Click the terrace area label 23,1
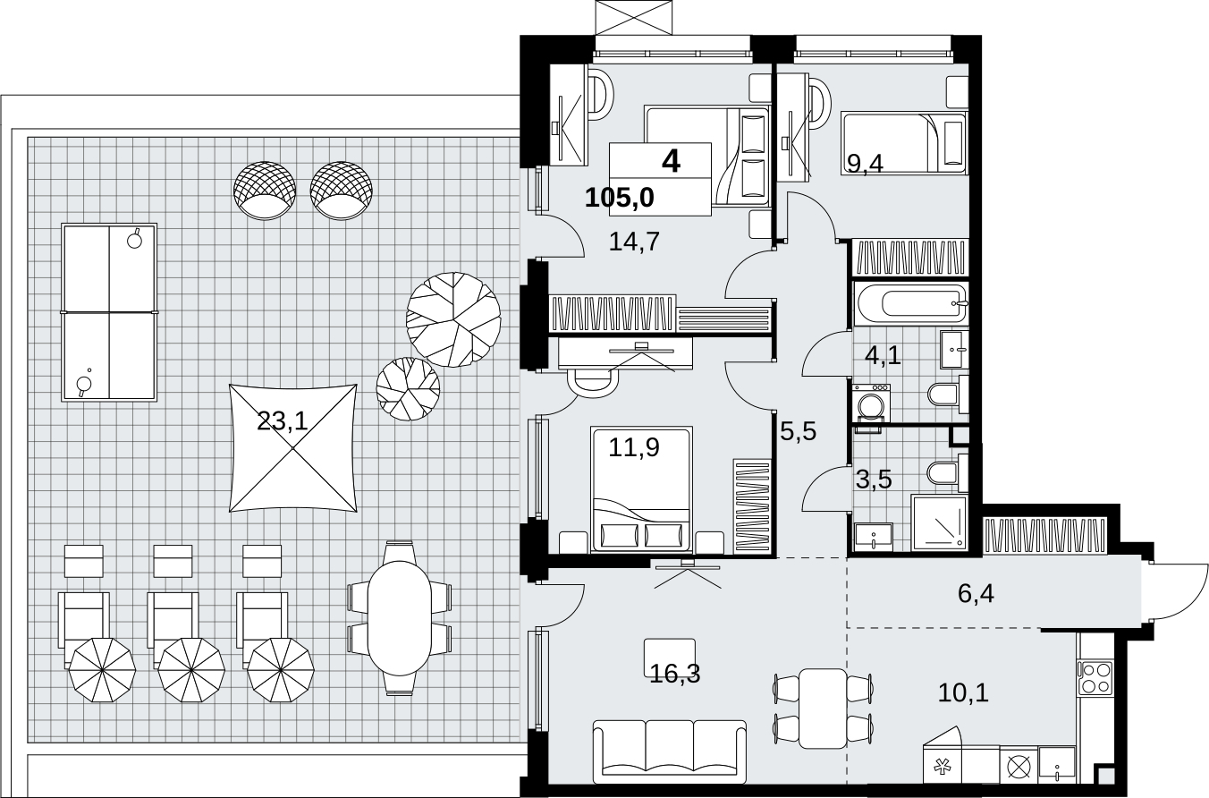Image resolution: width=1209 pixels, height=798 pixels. click(x=283, y=421)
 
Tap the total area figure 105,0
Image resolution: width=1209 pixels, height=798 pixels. click(x=620, y=198)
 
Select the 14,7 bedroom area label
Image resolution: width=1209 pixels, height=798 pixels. click(x=634, y=242)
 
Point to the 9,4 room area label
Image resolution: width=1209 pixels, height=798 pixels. click(x=865, y=163)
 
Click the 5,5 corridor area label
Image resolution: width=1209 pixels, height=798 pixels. click(x=799, y=431)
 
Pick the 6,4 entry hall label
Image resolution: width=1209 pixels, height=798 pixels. click(x=976, y=594)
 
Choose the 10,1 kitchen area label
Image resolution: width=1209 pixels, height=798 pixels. click(x=963, y=692)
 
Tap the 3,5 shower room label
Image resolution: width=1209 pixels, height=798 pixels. click(x=874, y=479)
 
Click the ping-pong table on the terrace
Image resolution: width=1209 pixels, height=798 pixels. click(x=110, y=312)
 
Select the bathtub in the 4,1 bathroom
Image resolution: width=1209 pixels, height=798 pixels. click(x=910, y=303)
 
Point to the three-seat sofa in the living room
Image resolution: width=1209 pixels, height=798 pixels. click(x=669, y=751)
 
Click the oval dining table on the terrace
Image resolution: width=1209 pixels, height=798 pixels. click(x=400, y=618)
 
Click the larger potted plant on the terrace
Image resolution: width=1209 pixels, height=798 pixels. click(x=453, y=319)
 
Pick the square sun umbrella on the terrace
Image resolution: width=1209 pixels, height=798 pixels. click(x=293, y=448)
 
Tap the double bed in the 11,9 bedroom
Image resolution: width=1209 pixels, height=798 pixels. click(x=640, y=489)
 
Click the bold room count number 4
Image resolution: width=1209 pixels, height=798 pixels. click(x=671, y=161)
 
